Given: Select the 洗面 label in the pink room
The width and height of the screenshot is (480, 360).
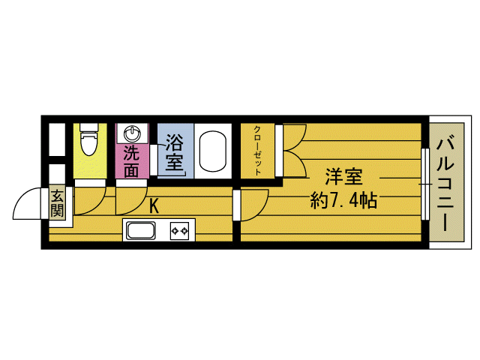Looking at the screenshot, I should (x=132, y=160).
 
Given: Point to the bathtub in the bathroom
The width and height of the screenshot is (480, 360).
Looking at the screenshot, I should (x=214, y=150).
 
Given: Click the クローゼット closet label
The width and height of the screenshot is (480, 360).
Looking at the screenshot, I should (x=257, y=151).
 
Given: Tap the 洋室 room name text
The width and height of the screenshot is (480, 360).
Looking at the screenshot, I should (x=344, y=178).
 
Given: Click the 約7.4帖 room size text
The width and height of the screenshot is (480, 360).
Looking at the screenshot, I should (x=344, y=201).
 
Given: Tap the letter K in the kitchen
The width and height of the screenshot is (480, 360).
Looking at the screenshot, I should (x=154, y=206).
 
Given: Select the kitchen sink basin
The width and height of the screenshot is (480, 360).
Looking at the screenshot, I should (x=140, y=230).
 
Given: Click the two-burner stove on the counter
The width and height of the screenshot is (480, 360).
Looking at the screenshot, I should (x=181, y=230).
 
